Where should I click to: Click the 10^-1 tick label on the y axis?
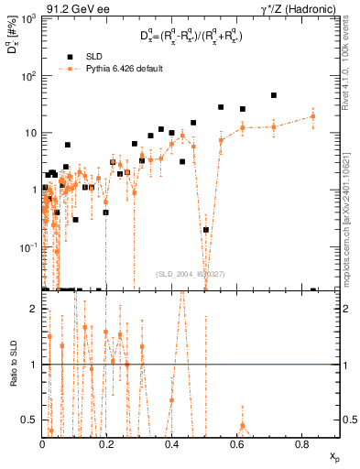(x=27, y=247)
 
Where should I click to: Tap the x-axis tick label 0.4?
(x=171, y=444)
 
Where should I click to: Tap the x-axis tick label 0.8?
(x=301, y=444)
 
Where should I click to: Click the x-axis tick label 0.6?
(x=236, y=444)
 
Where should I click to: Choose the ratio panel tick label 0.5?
(x=29, y=420)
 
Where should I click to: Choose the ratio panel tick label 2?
(x=34, y=309)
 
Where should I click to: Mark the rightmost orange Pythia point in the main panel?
(x=312, y=116)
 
